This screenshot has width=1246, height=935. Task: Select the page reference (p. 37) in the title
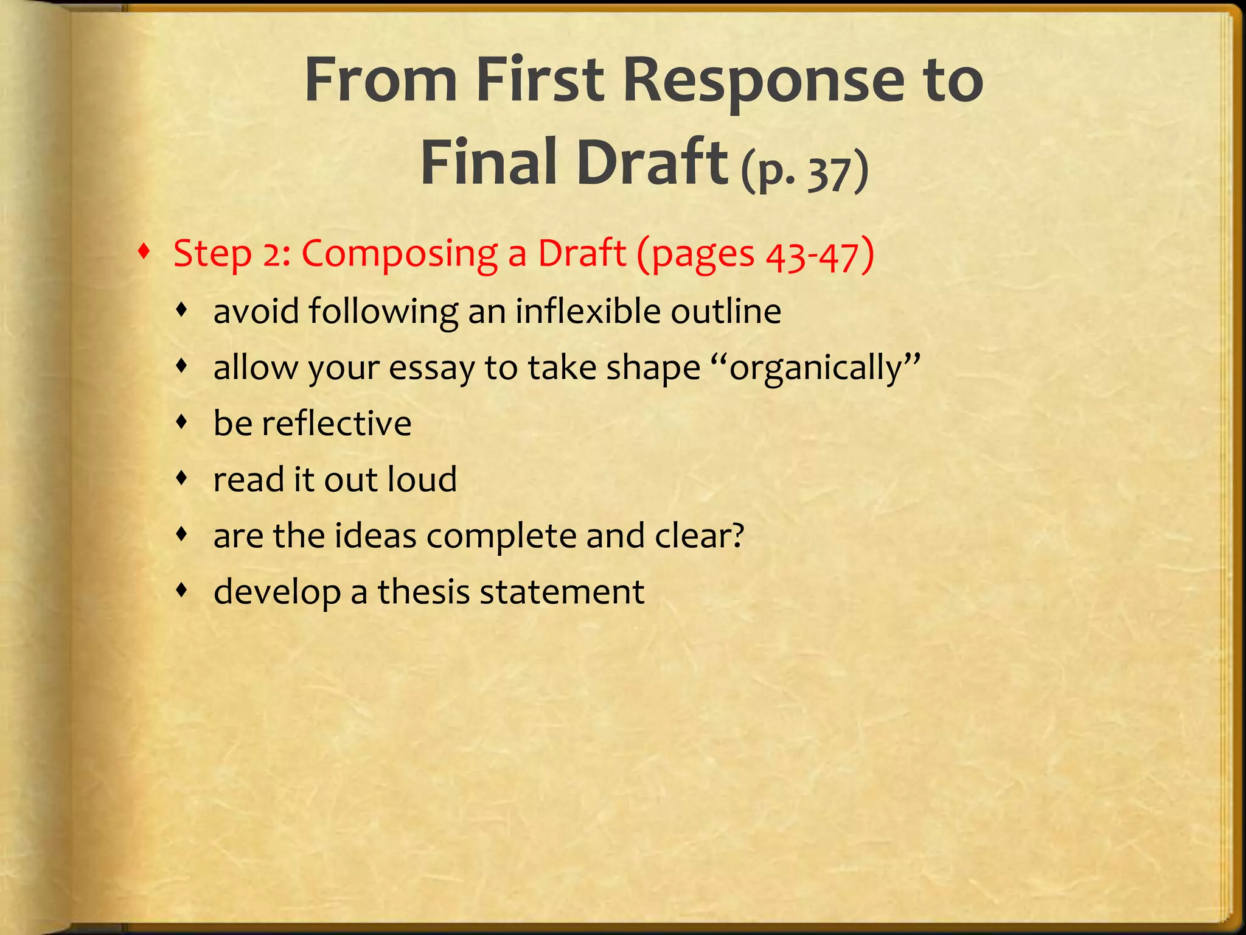click(804, 172)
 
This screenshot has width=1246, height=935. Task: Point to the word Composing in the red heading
click(399, 254)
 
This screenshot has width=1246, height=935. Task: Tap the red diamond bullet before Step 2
click(144, 251)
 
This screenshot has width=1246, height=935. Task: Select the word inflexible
click(588, 312)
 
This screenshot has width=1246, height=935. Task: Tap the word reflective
click(336, 424)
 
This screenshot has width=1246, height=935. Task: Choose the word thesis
click(423, 592)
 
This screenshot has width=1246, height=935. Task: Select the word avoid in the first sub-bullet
click(256, 312)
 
